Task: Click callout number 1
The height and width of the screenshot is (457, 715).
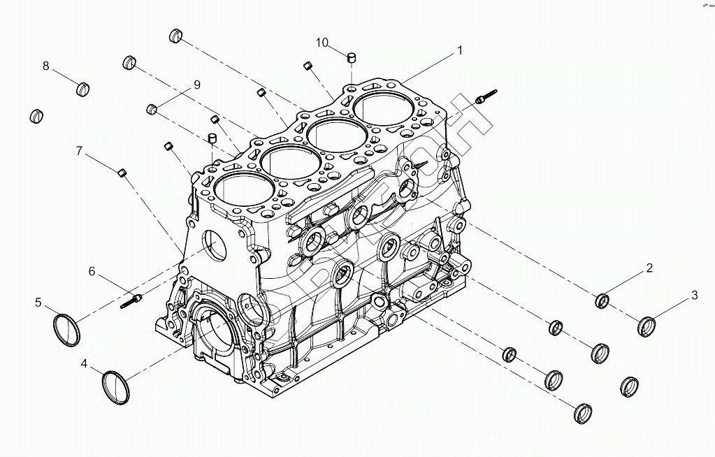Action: pos(460,50)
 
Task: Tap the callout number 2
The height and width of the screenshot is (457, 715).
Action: pos(649,268)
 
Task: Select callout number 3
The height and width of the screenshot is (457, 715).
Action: pos(694,295)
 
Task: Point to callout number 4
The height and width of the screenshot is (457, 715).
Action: pos(84,364)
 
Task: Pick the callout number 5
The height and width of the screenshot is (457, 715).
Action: pos(38,303)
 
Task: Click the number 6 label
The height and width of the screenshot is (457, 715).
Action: pos(91,271)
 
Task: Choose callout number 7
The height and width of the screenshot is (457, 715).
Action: pos(79,150)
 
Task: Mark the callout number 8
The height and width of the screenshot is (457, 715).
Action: pos(46,66)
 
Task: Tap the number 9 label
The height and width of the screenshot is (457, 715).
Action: pos(197,85)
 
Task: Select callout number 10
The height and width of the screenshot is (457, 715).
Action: pos(322,43)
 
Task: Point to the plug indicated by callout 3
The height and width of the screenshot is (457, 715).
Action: pos(647,326)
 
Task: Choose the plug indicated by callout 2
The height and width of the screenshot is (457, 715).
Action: pos(602,301)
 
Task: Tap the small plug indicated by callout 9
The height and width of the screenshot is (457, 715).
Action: pos(151,109)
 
